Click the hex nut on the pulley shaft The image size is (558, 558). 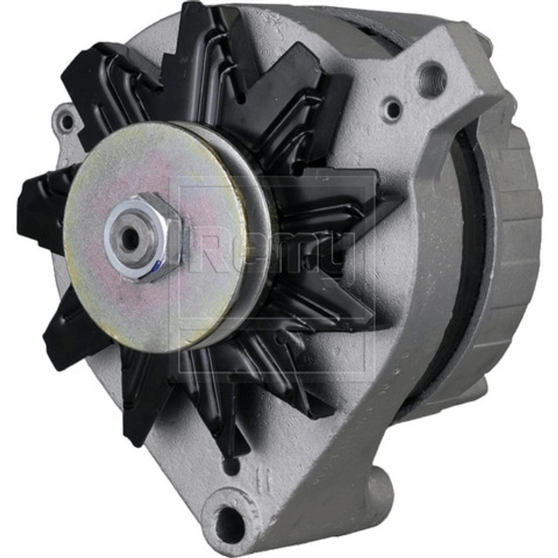tap(143, 237)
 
